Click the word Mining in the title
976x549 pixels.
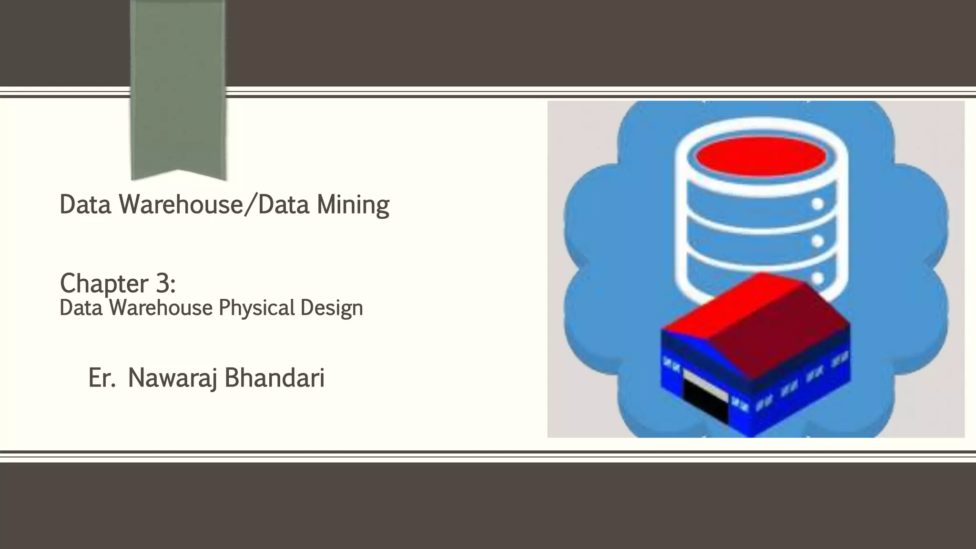pyautogui.click(x=353, y=205)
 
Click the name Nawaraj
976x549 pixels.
pyautogui.click(x=172, y=378)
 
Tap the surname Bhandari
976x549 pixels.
pyautogui.click(x=274, y=378)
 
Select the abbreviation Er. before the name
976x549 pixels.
pyautogui.click(x=102, y=378)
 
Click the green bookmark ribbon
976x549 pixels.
pyautogui.click(x=178, y=86)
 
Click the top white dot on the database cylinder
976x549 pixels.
pyautogui.click(x=818, y=204)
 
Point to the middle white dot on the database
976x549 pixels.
pyautogui.click(x=818, y=241)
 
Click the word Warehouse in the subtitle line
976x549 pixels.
pyautogui.click(x=161, y=308)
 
